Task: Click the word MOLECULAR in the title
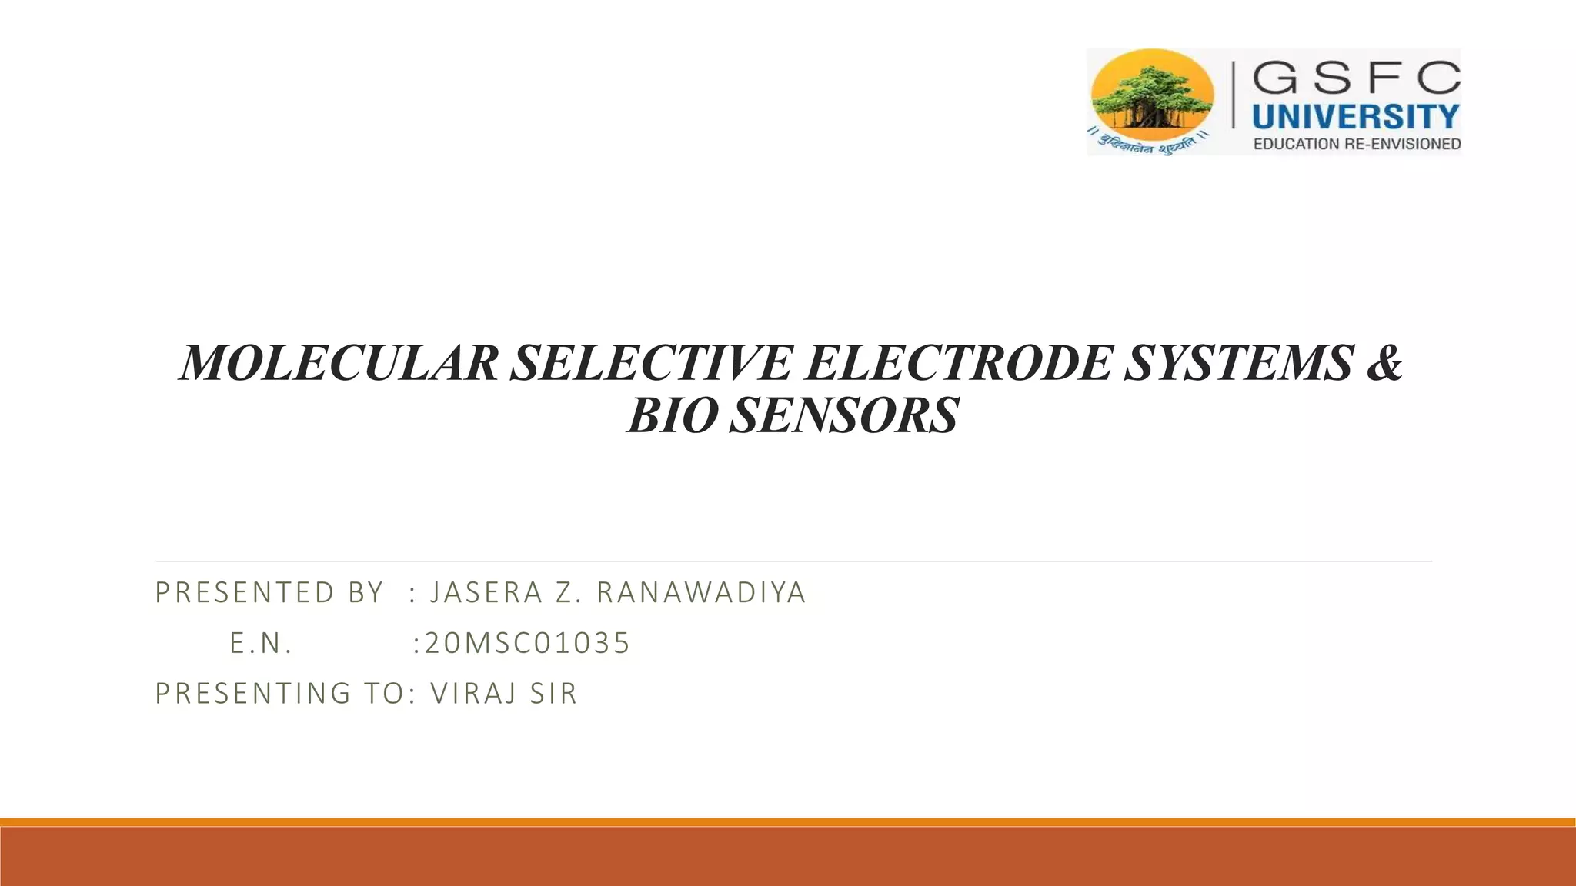[339, 363]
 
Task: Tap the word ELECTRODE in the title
[957, 363]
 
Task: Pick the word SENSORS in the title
[843, 416]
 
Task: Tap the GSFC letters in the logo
[1356, 78]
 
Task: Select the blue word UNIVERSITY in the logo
[1356, 117]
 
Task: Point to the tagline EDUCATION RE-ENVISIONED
[1357, 144]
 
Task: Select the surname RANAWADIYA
[701, 593]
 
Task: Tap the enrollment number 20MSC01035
[527, 644]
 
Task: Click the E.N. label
[261, 644]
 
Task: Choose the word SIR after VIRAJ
[553, 694]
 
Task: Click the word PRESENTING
[253, 694]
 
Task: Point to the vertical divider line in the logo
[1234, 95]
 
